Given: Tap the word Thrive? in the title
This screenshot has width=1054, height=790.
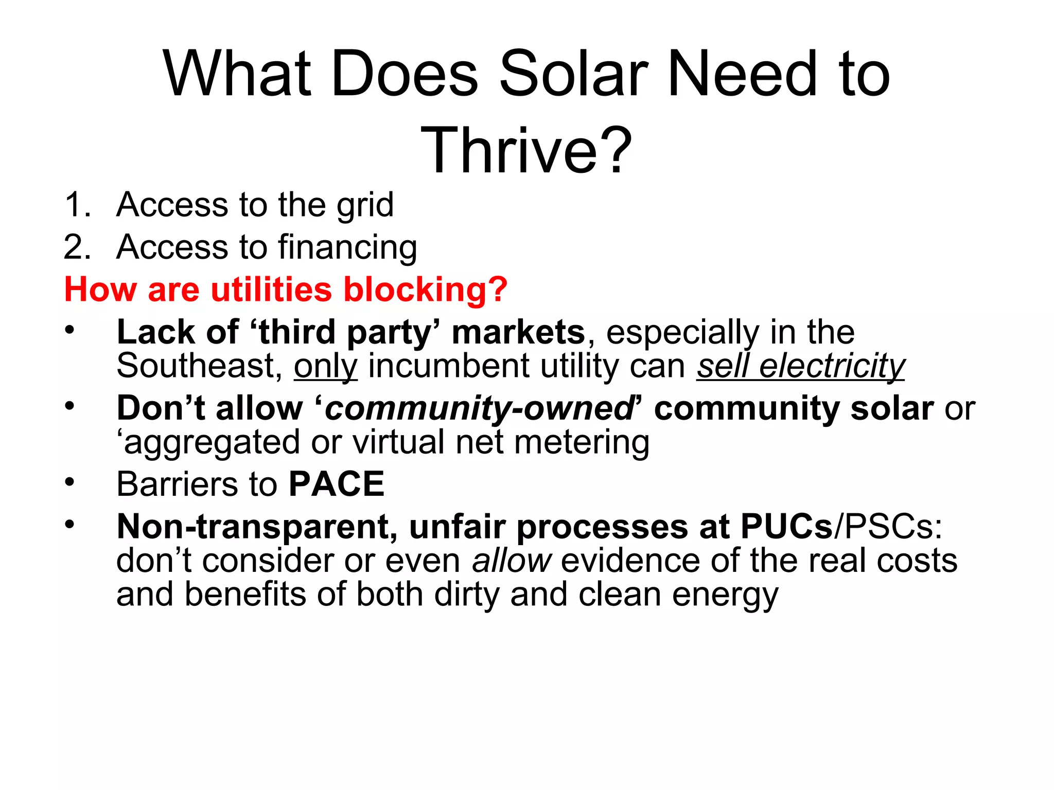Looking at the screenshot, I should pos(526,151).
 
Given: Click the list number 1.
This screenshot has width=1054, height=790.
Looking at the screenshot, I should pos(77,205).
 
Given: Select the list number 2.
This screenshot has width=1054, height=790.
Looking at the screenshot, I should pos(77,247).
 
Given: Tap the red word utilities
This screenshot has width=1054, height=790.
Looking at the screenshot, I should pos(271,290).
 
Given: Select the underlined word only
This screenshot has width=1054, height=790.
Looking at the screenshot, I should pos(325,367).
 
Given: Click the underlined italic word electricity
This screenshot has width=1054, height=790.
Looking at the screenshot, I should pos(832,367).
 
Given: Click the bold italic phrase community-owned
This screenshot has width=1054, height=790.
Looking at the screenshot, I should pos(479,409).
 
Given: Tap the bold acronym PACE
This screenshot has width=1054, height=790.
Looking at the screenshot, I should pos(337,484).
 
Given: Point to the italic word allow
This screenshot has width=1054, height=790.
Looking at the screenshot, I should pos(512,561).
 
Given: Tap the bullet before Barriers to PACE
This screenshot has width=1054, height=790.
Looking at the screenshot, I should pos(69,482).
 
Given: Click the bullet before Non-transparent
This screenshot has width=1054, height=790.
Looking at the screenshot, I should pos(69,525).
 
